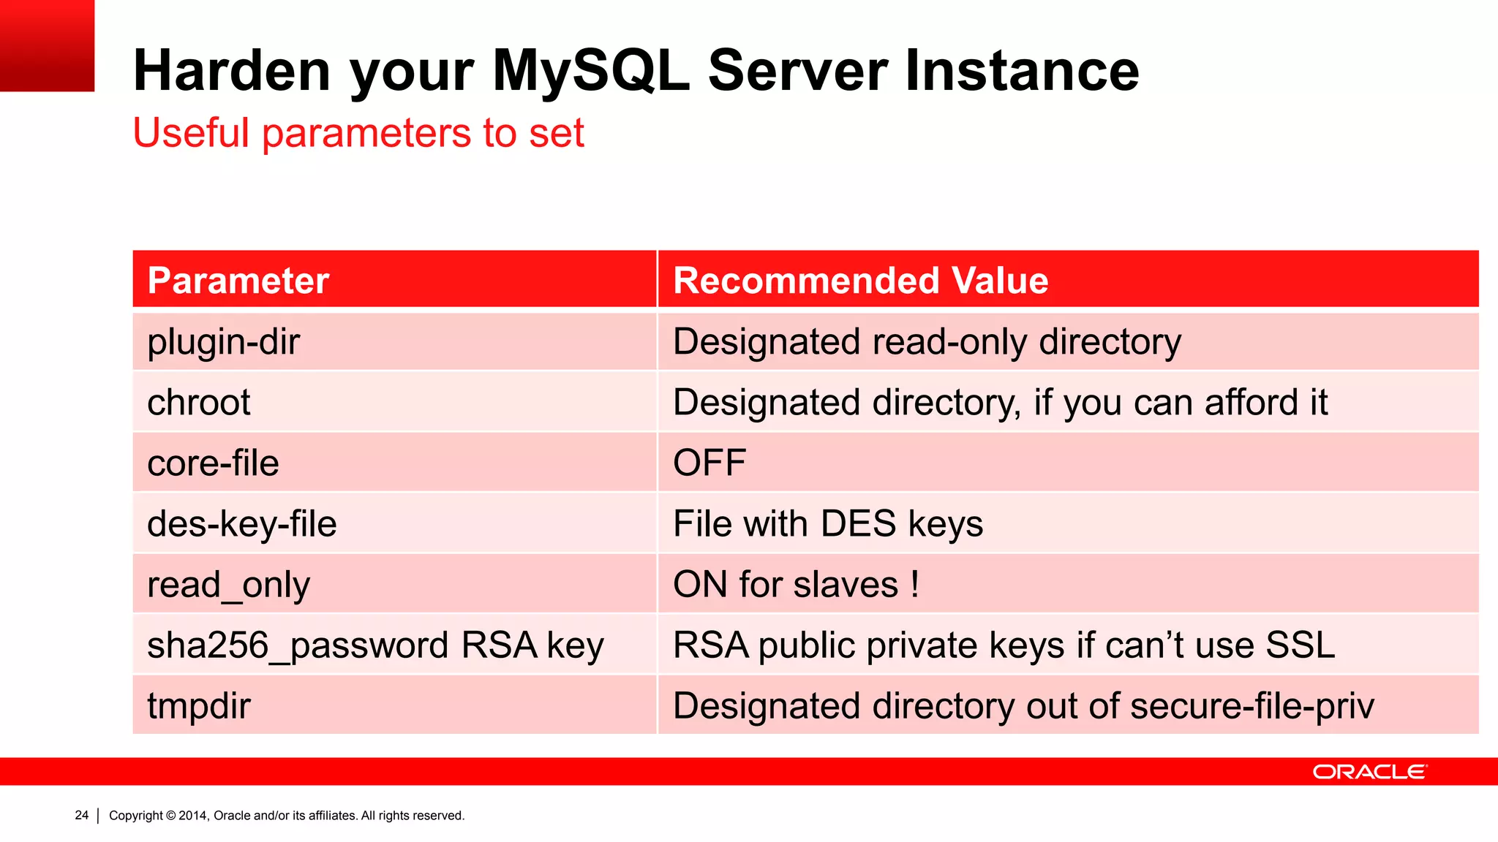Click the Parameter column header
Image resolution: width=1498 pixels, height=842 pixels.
click(x=238, y=281)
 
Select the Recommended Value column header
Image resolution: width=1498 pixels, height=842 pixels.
click(x=860, y=281)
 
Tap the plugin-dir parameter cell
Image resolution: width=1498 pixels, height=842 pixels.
click(x=223, y=342)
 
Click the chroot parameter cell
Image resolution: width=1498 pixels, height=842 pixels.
click(x=199, y=403)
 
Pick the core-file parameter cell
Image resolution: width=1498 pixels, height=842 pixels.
click(x=213, y=463)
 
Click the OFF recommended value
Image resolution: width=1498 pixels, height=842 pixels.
click(x=709, y=463)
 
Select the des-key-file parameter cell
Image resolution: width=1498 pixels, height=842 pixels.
click(x=241, y=524)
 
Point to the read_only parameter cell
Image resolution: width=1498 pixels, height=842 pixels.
click(x=228, y=585)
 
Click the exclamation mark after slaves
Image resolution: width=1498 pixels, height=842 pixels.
click(x=914, y=585)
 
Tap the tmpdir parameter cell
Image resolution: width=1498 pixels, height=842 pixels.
click(x=199, y=706)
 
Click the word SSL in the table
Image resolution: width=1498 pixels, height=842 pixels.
click(x=1300, y=645)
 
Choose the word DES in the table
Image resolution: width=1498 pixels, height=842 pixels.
click(x=858, y=524)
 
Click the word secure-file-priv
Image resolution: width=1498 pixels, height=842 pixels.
click(x=1252, y=706)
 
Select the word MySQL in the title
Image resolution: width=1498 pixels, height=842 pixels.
click(x=591, y=71)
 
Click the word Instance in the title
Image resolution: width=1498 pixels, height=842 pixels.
click(x=1022, y=71)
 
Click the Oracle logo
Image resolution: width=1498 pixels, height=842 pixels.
click(x=1369, y=772)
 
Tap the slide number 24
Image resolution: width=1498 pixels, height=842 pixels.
click(x=82, y=815)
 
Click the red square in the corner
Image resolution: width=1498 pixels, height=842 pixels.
click(x=47, y=45)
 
